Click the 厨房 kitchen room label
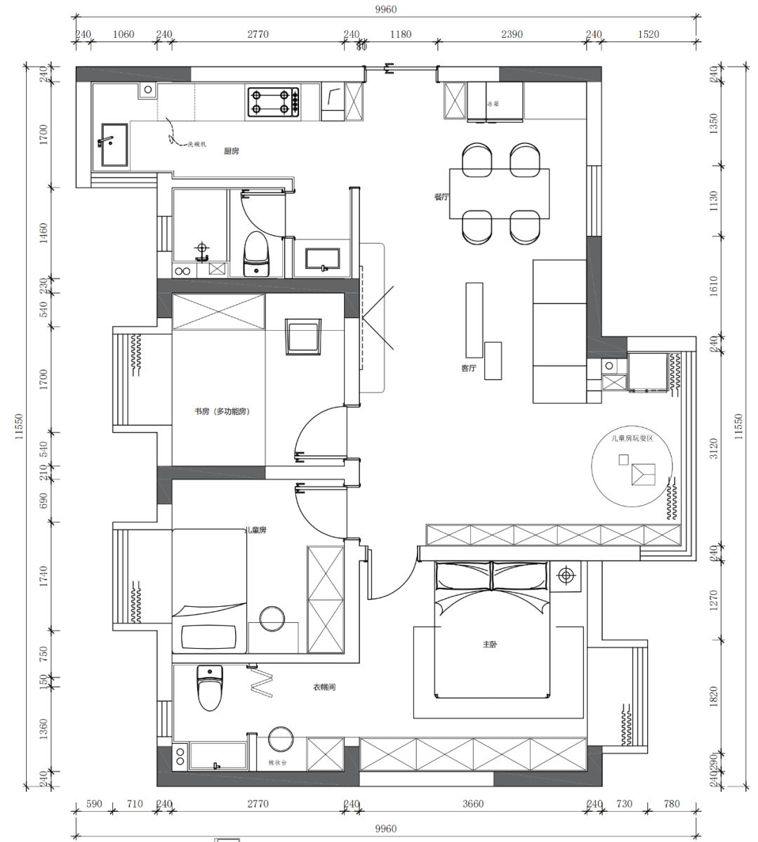232,151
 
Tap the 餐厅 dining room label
441,197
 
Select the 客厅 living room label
469,368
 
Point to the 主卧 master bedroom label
490,644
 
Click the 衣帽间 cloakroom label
324,687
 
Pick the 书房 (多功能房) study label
222,412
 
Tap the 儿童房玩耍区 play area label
632,438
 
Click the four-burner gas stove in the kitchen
273,101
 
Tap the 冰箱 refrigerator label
493,104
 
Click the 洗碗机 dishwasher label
197,145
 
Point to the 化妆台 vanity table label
277,762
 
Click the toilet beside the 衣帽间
210,688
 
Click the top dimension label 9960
385,9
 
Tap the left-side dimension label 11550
19,428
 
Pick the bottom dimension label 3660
473,804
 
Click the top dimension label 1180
400,34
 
